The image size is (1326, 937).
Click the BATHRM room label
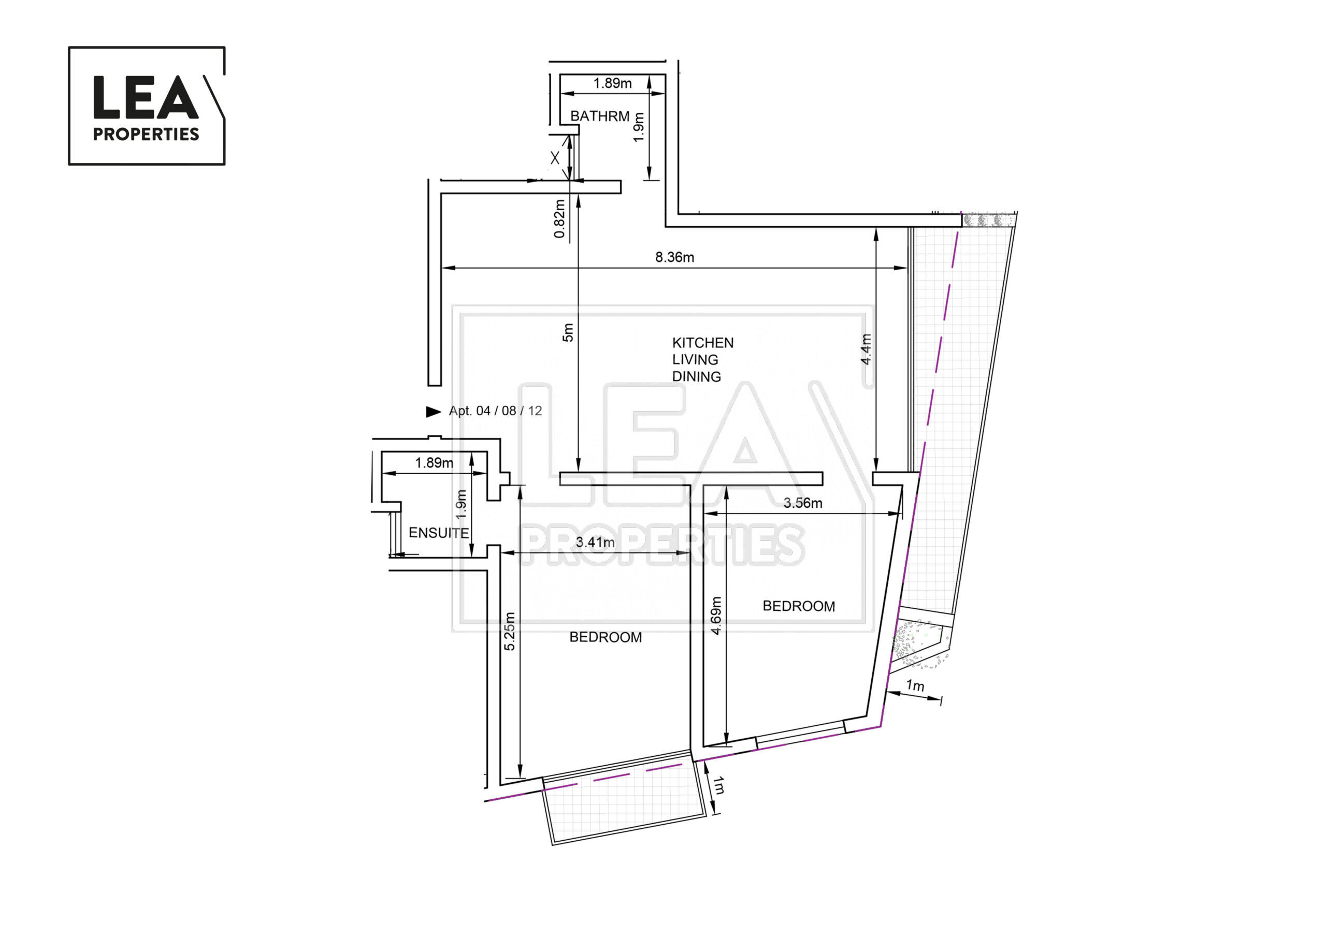click(599, 116)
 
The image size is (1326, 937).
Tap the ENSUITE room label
click(438, 532)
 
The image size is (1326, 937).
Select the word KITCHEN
click(702, 342)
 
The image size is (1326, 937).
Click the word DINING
click(696, 376)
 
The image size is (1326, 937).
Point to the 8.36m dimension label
click(674, 257)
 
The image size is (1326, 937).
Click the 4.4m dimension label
click(866, 349)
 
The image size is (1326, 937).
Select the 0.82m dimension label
click(559, 218)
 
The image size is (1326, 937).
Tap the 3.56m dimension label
click(802, 503)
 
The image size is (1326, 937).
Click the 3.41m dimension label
click(595, 542)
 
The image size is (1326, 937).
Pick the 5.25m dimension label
click(509, 632)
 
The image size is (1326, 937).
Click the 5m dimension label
click(568, 332)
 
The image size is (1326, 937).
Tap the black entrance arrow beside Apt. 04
click(433, 411)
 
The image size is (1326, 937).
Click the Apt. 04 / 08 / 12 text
click(495, 411)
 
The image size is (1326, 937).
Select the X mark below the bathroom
click(554, 157)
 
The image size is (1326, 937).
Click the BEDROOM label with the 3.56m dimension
click(798, 606)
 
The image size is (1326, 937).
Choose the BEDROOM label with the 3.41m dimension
click(606, 637)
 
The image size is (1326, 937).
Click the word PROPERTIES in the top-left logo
click(146, 134)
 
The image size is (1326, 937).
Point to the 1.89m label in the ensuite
click(434, 462)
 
